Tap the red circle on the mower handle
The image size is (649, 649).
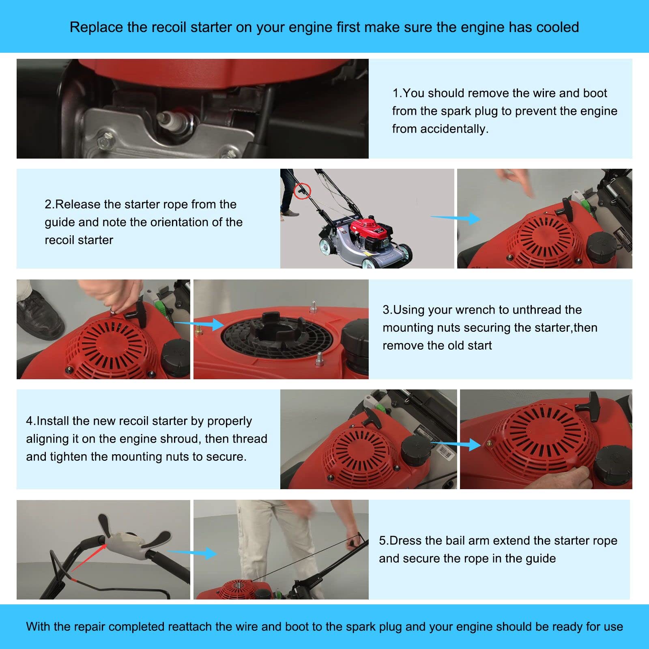tap(302, 190)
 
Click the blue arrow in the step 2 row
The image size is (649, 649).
tap(455, 219)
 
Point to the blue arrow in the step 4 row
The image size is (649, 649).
tap(456, 445)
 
